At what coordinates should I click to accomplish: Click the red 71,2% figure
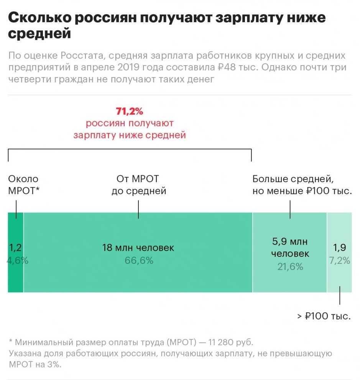(x=129, y=111)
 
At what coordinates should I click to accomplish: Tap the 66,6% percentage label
(x=139, y=260)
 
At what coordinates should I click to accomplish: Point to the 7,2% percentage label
(x=340, y=260)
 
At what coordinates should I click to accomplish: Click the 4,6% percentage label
(x=18, y=260)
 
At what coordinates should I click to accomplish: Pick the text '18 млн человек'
(x=138, y=248)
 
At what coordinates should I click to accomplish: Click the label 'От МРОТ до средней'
(x=138, y=185)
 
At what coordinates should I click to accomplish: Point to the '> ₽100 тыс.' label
(x=324, y=316)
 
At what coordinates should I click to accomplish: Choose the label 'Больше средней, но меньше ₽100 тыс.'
(x=302, y=185)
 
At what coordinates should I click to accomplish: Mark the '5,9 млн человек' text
(x=290, y=248)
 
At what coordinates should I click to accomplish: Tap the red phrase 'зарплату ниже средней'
(x=130, y=135)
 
